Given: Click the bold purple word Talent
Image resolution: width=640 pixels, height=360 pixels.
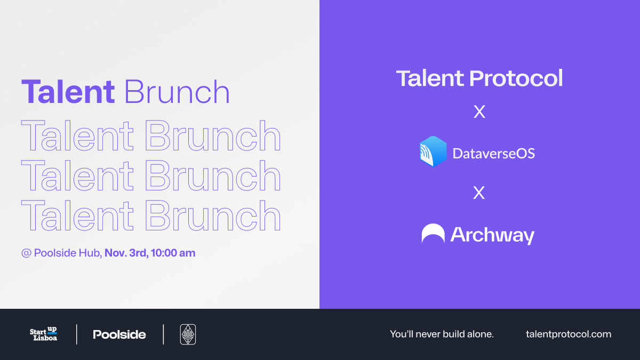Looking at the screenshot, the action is tap(68, 91).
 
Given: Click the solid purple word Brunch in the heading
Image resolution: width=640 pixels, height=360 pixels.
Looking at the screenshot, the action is tap(177, 91).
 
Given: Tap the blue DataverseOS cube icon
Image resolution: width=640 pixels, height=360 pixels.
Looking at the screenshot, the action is tap(433, 151).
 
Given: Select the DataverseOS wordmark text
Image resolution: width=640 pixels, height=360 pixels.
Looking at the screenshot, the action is tap(493, 154).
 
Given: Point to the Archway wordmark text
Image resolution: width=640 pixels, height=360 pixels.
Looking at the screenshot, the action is tap(492, 235).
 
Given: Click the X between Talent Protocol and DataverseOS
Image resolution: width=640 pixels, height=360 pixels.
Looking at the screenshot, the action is tap(479, 111).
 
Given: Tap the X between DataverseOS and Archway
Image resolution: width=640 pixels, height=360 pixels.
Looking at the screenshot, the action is tap(479, 193).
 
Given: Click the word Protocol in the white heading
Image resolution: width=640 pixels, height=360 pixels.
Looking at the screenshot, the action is tap(516, 78).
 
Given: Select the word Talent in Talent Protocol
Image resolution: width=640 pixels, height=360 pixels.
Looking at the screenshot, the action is tap(430, 78).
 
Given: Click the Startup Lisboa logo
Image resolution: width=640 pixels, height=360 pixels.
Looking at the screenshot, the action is tap(43, 334).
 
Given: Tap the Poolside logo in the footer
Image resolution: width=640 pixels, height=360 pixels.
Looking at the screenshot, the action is tap(119, 334).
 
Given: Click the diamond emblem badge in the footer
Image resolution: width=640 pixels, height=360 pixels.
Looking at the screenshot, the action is tap(188, 334).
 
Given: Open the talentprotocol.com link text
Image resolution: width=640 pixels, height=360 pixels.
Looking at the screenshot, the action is tap(569, 334).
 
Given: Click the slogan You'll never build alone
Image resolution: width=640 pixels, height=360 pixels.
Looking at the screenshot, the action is tap(442, 334).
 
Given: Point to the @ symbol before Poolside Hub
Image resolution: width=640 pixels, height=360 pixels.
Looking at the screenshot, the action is tap(26, 253).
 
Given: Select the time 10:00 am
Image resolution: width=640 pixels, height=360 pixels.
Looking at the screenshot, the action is tap(173, 253).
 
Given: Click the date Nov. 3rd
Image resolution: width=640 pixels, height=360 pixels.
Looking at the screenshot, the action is tap(126, 253).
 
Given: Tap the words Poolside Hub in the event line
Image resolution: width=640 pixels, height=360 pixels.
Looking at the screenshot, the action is tap(67, 253).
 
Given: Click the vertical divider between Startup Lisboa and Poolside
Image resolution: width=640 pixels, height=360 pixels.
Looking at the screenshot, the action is tap(77, 334).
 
